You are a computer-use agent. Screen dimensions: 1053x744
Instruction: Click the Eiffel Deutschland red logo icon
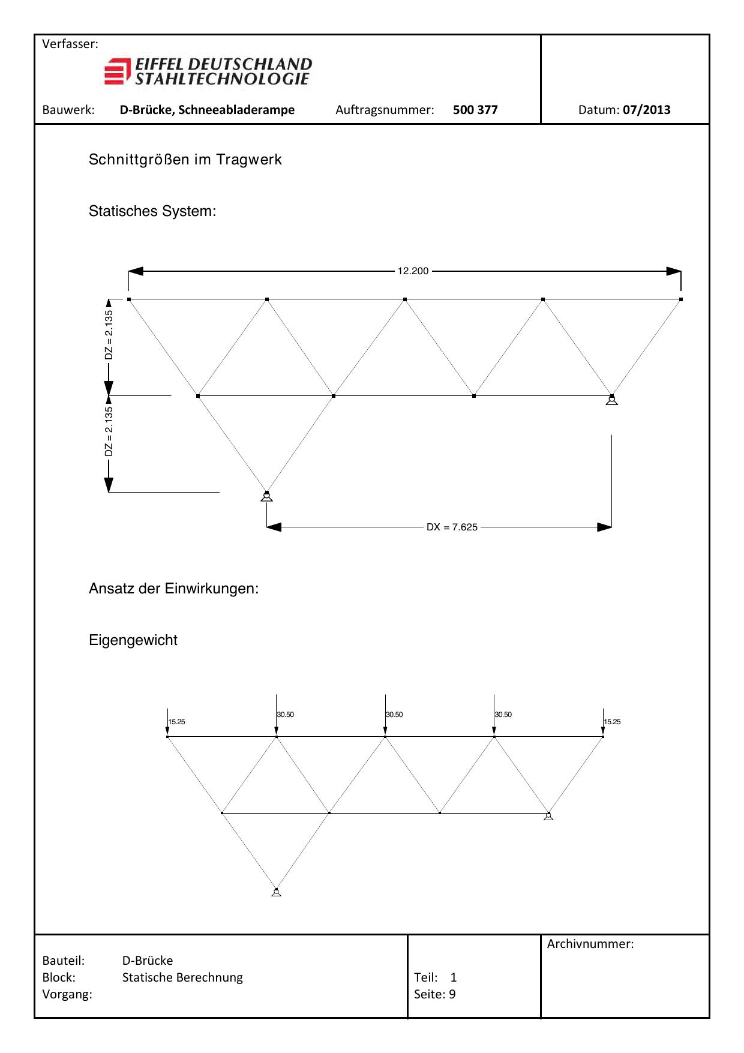tap(117, 71)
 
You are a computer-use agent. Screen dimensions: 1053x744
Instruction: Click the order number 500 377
tap(475, 110)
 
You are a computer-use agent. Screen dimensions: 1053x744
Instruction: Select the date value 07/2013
tap(646, 110)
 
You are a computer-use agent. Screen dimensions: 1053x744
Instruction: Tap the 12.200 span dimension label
tap(413, 271)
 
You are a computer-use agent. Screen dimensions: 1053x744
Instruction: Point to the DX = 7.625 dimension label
tap(452, 527)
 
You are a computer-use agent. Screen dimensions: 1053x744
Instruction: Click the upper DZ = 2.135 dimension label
tap(109, 335)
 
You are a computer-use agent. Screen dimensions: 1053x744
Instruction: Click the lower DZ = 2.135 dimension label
tap(109, 431)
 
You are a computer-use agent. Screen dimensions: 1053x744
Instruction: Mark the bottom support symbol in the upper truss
tap(267, 496)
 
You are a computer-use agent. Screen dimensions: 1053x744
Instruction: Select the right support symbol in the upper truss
tap(611, 400)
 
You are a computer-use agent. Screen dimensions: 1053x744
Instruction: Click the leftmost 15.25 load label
tap(177, 722)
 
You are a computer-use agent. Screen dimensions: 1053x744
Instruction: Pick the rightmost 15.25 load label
tap(613, 722)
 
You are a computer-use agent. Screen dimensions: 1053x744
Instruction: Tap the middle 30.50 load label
tap(394, 715)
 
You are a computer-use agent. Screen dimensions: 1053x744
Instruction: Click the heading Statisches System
tap(152, 211)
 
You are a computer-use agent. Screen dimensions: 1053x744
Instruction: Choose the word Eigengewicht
tap(133, 640)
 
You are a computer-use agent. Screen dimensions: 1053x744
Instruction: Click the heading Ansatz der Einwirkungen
tap(173, 589)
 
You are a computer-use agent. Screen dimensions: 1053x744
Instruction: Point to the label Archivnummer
tap(590, 944)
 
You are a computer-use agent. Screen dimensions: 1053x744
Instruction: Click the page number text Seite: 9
tap(434, 994)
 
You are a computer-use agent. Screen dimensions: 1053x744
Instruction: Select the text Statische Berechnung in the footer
tap(182, 977)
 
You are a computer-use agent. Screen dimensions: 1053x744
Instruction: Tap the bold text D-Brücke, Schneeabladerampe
tap(207, 110)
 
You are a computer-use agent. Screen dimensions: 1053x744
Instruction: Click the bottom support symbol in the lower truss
tap(276, 892)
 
